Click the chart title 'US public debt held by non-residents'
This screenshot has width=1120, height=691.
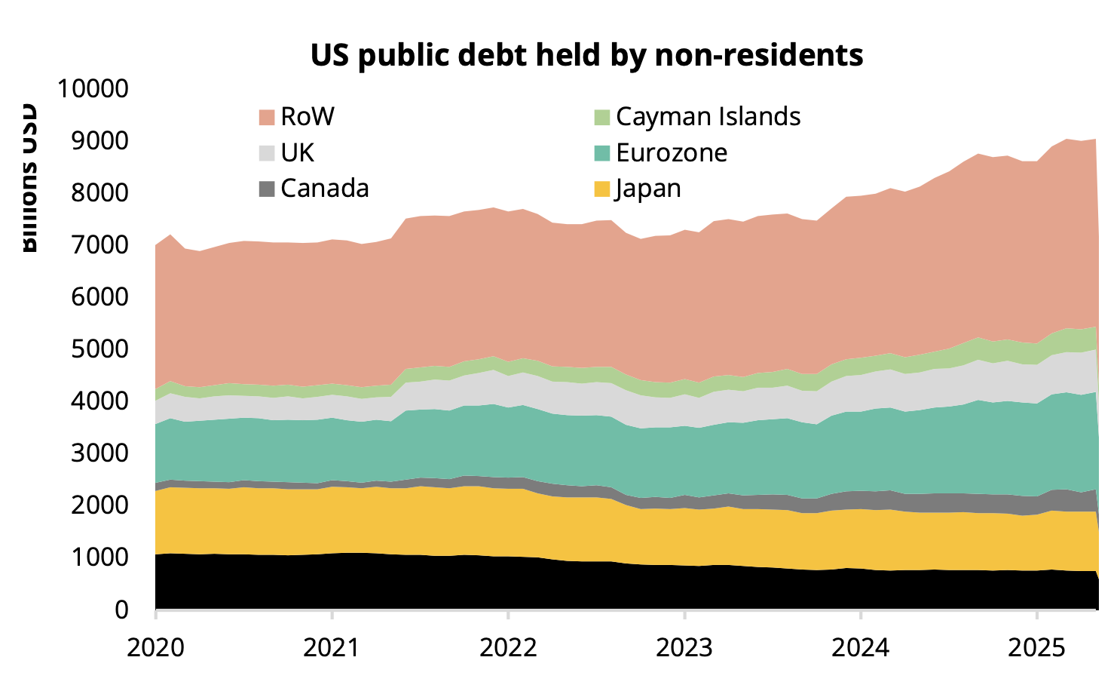click(x=586, y=55)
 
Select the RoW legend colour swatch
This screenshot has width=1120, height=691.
click(x=267, y=117)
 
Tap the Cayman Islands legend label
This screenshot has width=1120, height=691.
click(x=708, y=117)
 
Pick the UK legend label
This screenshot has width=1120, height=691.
click(x=297, y=153)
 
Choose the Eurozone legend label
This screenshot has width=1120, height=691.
click(x=672, y=153)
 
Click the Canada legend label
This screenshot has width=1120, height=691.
click(x=325, y=189)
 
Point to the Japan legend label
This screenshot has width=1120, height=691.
click(x=648, y=189)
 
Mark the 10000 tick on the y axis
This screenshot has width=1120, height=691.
click(x=93, y=89)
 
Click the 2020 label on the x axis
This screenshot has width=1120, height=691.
click(x=156, y=647)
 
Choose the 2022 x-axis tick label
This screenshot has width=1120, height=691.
click(x=508, y=647)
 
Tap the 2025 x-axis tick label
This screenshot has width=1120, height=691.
click(x=1036, y=647)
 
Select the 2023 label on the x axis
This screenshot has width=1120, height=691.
click(x=684, y=647)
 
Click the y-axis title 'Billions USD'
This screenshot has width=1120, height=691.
click(x=28, y=178)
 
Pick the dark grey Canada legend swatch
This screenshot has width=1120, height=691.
click(x=267, y=189)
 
